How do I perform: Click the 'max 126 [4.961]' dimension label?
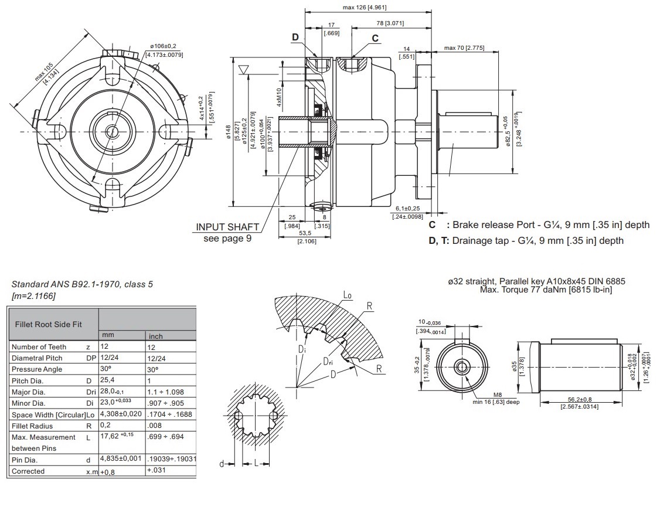(x=364, y=8)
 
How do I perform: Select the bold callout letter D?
(x=295, y=36)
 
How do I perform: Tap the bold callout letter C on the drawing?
(x=375, y=38)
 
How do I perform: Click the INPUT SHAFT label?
(x=227, y=227)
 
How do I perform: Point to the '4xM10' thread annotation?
(x=280, y=97)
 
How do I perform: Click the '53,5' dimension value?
(x=305, y=233)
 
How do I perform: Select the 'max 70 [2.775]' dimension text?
(x=463, y=47)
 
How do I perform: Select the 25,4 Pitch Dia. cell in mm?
(x=107, y=380)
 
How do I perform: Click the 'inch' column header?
(x=155, y=336)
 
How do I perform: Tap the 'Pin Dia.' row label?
(x=25, y=460)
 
